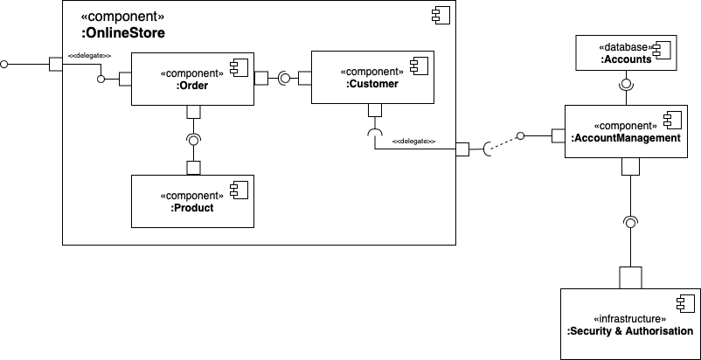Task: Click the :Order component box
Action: (x=192, y=87)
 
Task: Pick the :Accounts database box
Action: (x=625, y=54)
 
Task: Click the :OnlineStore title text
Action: (x=122, y=33)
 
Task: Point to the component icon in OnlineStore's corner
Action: (x=438, y=16)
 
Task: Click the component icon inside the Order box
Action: (x=236, y=67)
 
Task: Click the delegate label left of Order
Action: (x=90, y=55)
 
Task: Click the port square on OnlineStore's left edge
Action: (x=55, y=65)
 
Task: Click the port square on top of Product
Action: (x=194, y=168)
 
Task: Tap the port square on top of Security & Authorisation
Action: (x=629, y=277)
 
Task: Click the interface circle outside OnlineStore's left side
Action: (x=5, y=65)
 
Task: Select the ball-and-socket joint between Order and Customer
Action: (x=284, y=79)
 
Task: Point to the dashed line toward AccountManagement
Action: (x=503, y=142)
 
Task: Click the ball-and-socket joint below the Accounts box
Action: (x=625, y=86)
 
